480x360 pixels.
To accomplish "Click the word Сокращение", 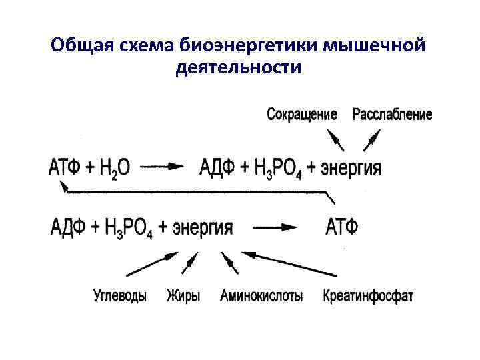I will tap(301, 115).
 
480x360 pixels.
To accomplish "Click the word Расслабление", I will tap(392, 115).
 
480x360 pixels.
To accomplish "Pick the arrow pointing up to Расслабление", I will tap(371, 141).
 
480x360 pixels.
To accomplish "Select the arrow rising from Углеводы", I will tap(152, 263).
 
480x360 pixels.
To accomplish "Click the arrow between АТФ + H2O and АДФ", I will tap(161, 167).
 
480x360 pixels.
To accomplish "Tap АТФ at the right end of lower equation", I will tap(342, 227).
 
